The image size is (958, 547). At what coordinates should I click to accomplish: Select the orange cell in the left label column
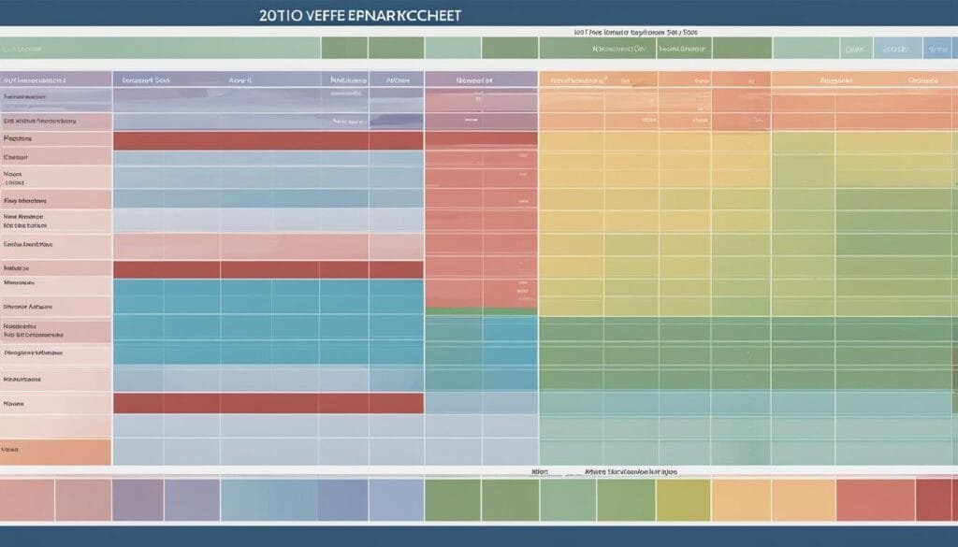coord(55,451)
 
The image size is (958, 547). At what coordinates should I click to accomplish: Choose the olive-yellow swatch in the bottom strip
coord(682,499)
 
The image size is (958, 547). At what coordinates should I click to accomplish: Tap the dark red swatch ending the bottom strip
coord(935,499)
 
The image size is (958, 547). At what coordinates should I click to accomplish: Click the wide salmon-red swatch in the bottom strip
coord(875,499)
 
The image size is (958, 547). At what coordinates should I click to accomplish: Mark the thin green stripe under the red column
coord(481,310)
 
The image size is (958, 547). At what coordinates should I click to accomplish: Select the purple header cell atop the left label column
coord(55,80)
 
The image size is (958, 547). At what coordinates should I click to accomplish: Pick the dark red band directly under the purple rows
coord(268,140)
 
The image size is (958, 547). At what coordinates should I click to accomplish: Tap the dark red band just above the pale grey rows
coord(268,403)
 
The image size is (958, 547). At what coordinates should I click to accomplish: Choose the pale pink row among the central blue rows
coord(268,245)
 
